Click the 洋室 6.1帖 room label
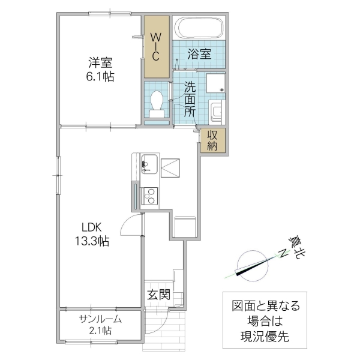(100, 69)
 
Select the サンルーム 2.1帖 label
(100, 325)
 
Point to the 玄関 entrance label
(159, 295)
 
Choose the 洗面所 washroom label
(190, 98)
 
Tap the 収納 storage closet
(212, 140)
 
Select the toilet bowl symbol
(157, 103)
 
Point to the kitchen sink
(149, 163)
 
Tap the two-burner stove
(149, 196)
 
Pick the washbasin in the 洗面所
(216, 112)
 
